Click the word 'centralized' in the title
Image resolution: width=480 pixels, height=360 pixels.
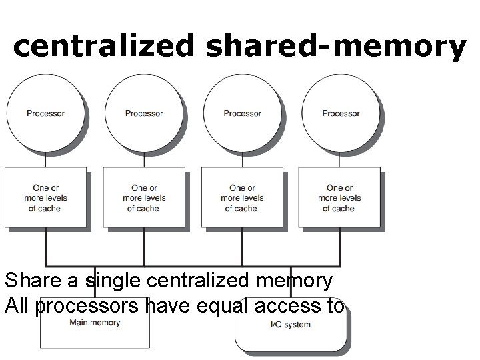(103, 47)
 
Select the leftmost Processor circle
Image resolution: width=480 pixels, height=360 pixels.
(45, 113)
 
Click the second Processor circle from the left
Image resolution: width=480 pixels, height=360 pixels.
(143, 113)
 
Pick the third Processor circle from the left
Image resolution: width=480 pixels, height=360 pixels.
(242, 113)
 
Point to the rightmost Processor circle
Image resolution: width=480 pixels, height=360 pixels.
(341, 113)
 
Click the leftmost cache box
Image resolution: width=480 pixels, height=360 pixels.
(45, 198)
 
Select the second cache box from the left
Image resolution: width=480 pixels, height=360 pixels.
(143, 198)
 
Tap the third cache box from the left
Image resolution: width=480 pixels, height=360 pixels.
(241, 198)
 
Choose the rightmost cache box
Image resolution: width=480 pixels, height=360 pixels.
(339, 198)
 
